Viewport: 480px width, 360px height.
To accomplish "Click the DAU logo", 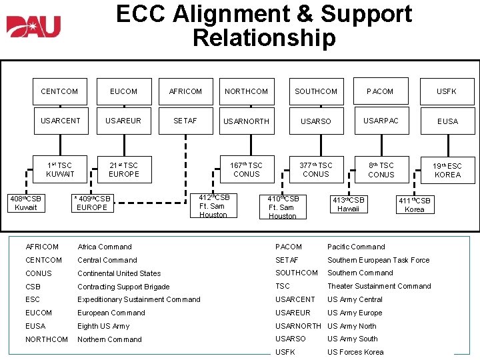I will (33, 26).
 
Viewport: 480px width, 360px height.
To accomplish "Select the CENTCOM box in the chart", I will (59, 91).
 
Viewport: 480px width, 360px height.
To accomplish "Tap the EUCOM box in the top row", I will (123, 91).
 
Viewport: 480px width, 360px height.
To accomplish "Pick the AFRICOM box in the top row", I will (186, 91).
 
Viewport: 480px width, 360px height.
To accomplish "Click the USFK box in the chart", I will (447, 91).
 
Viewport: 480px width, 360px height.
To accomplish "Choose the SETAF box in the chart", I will (186, 121).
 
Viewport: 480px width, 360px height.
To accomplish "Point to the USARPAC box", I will (381, 121).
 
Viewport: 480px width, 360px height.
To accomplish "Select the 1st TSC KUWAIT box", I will (60, 169).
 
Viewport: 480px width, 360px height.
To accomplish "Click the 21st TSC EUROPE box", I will (124, 169).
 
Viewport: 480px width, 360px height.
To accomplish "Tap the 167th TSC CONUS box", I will (246, 169).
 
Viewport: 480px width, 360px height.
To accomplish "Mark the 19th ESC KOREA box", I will (447, 170).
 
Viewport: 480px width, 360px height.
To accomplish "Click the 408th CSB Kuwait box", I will (25, 203).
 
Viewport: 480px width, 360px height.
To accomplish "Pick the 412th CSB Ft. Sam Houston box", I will (213, 206).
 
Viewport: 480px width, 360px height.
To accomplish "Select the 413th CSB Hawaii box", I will (349, 204).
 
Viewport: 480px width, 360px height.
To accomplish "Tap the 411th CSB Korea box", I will (415, 205).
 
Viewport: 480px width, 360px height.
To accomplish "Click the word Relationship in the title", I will (264, 38).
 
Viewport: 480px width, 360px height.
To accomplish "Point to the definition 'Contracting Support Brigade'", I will (123, 287).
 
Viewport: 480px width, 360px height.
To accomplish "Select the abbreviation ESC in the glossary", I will (33, 300).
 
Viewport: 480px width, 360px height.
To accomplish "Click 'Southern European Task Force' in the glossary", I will (378, 260).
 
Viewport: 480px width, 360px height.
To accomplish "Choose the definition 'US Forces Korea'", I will (355, 352).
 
